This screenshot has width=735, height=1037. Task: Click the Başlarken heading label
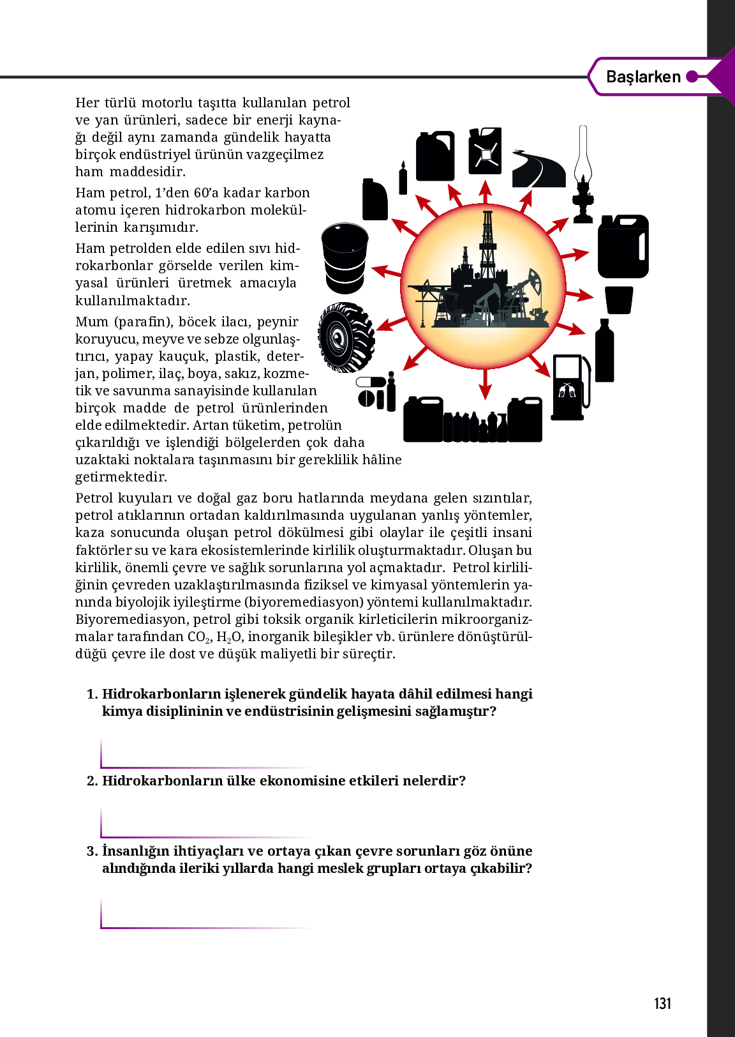(643, 77)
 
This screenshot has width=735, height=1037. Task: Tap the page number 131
(663, 1003)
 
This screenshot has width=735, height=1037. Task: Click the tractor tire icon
(346, 337)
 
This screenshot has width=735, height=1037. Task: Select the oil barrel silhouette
(345, 257)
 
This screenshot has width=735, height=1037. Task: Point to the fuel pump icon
(570, 387)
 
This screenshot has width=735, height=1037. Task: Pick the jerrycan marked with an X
(485, 151)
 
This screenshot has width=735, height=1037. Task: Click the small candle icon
(403, 178)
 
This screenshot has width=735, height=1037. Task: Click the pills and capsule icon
(376, 391)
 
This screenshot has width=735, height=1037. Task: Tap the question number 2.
(93, 780)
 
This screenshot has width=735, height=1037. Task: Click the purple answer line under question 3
(204, 927)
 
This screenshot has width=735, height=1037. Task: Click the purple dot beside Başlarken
(692, 77)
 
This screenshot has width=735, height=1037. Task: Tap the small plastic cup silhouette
(618, 300)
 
